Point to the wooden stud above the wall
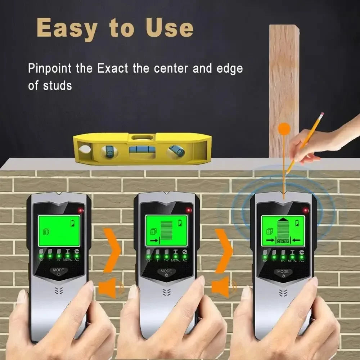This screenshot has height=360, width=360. tap(284, 86)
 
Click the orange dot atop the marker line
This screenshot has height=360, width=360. tap(284, 129)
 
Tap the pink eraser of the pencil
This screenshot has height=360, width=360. tap(321, 114)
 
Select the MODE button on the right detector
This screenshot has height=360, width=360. tap(283, 273)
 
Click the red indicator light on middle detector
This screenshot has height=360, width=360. tap(188, 210)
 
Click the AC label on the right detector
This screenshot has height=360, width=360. tap(301, 261)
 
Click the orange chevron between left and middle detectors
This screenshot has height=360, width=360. tap(112, 250)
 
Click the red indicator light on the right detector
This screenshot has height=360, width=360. tap(305, 210)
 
